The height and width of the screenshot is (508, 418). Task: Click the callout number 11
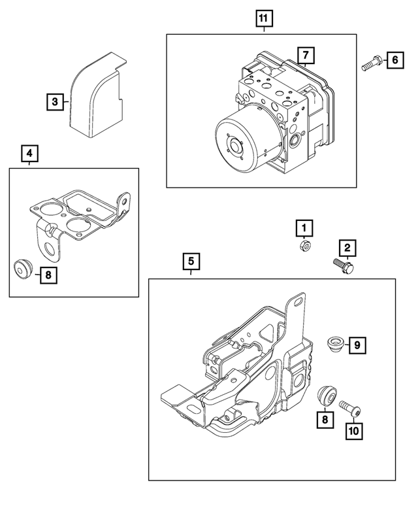tap(264, 18)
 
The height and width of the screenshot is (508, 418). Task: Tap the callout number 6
tap(395, 61)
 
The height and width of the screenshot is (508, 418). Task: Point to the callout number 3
tap(56, 101)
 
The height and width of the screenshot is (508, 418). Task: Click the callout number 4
tap(29, 154)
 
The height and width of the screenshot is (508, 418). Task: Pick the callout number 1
tap(303, 228)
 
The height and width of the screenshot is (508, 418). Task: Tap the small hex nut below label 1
tap(304, 246)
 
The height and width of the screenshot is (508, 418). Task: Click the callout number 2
tap(347, 247)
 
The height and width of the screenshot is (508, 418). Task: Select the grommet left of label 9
tap(334, 343)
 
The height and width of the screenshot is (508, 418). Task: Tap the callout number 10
tap(353, 431)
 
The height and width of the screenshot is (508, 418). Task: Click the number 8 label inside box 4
tap(48, 275)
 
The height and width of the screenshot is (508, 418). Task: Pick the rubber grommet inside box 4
tap(24, 268)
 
